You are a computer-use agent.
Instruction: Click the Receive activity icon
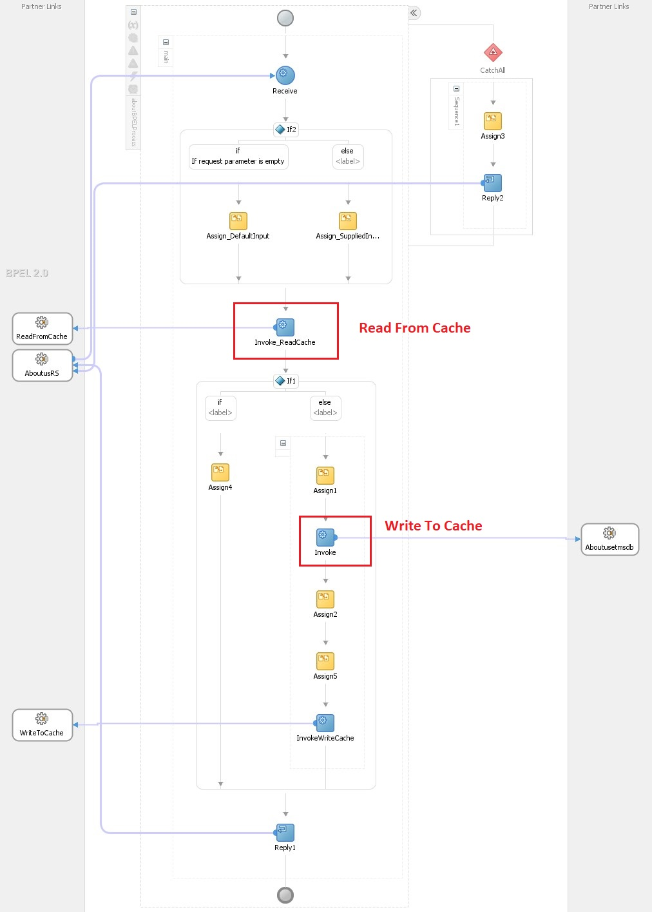click(285, 75)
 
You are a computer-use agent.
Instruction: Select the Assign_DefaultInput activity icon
click(238, 221)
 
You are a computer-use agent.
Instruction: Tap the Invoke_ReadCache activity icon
click(285, 327)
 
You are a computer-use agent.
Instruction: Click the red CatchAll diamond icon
click(493, 52)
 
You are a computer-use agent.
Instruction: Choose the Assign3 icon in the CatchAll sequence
click(493, 121)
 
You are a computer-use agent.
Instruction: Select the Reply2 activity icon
click(493, 183)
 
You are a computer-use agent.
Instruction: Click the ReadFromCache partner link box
click(43, 329)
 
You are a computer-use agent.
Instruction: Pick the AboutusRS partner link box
click(43, 365)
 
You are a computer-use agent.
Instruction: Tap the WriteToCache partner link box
click(43, 725)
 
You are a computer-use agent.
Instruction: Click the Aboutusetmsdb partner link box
click(609, 539)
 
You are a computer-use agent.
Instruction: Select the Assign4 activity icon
click(220, 472)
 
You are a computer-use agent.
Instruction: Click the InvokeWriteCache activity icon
click(325, 723)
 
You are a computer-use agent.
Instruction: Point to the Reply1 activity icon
click(285, 833)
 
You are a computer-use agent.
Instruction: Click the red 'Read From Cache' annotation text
click(414, 328)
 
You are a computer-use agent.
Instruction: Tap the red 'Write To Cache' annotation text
click(433, 526)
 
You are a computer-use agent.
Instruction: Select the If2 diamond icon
click(280, 130)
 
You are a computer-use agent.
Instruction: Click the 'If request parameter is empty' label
click(238, 161)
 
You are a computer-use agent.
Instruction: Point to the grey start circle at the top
click(285, 18)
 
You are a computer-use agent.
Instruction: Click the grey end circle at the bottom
click(285, 895)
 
